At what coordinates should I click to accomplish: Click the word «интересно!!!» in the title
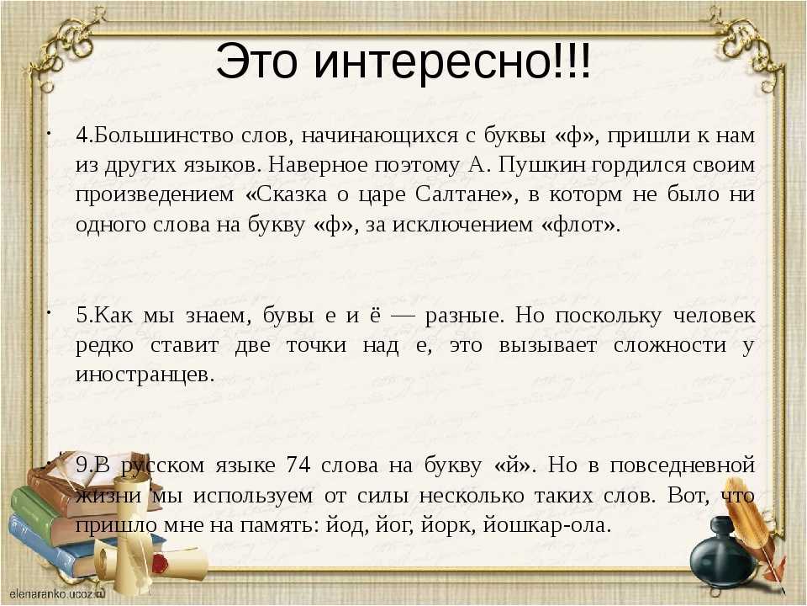452,61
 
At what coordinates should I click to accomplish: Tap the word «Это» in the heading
257,61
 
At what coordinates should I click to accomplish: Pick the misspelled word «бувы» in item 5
288,316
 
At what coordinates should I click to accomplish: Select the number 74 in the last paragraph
298,465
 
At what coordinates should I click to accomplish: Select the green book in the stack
41,508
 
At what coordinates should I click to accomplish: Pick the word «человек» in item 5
715,316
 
